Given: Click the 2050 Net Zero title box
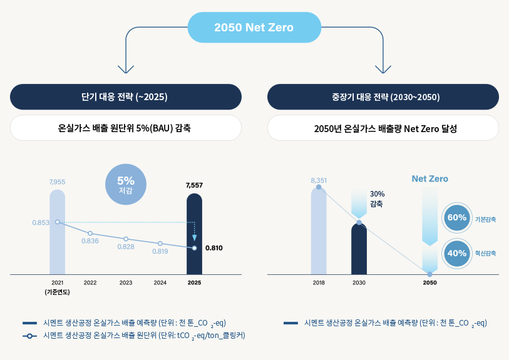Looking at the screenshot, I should pyautogui.click(x=254, y=28).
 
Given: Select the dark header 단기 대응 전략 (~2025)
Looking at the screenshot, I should pyautogui.click(x=125, y=97).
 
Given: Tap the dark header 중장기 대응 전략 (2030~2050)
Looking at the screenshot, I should pyautogui.click(x=383, y=97).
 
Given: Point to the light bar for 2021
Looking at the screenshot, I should pyautogui.click(x=57, y=232).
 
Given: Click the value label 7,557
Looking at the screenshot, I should pyautogui.click(x=194, y=185).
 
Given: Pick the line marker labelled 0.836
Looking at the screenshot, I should pyautogui.click(x=90, y=234).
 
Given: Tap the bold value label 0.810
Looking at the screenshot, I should pyautogui.click(x=213, y=248).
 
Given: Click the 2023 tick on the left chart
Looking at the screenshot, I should pyautogui.click(x=126, y=283).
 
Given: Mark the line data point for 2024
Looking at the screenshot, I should pyautogui.click(x=160, y=244).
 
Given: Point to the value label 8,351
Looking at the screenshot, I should pyautogui.click(x=319, y=180).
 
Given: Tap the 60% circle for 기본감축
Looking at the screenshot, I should pyautogui.click(x=457, y=218).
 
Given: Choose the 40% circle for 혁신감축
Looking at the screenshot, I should pyautogui.click(x=457, y=253).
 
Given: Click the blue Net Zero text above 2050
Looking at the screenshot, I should pyautogui.click(x=429, y=179).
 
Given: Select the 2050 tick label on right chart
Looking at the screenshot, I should pyautogui.click(x=429, y=283).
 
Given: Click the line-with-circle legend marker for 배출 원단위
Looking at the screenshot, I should pyautogui.click(x=30, y=336).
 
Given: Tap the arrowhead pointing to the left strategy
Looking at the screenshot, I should pyautogui.click(x=126, y=70).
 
